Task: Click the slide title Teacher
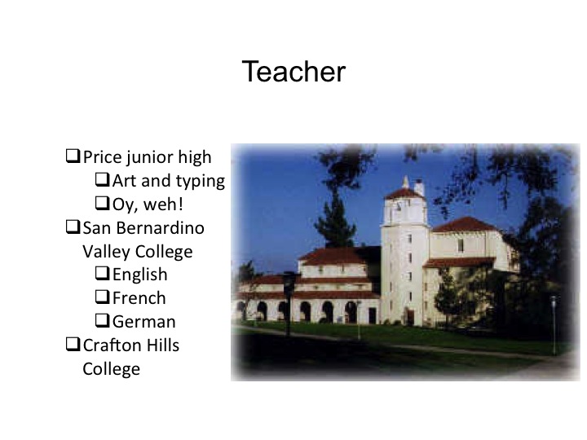pos(293,73)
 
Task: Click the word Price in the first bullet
pos(101,157)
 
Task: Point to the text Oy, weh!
pos(148,204)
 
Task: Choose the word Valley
pos(106,251)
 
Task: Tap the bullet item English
pos(139,275)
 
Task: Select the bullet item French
pos(139,298)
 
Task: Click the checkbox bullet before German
pos(103,321)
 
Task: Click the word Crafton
pos(112,345)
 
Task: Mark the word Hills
pos(162,345)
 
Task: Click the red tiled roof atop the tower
pos(404,193)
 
